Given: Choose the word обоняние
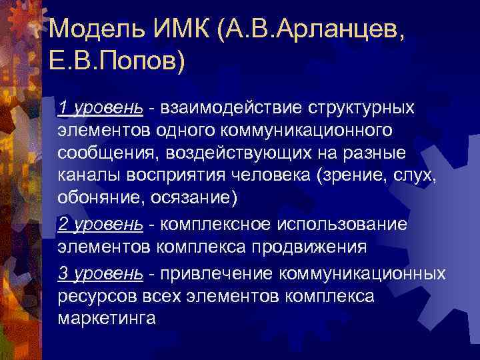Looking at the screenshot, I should click(x=95, y=201).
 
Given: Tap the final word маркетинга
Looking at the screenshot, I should click(x=107, y=319).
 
